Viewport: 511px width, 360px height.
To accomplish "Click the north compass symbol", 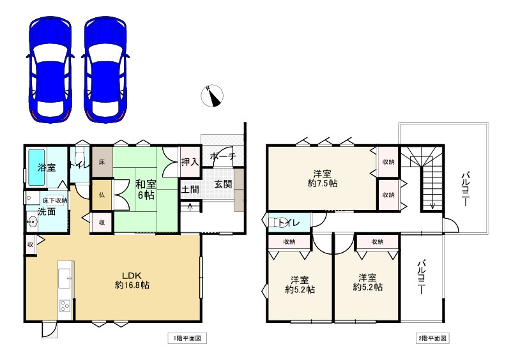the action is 212,96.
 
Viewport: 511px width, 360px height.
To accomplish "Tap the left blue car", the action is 50,69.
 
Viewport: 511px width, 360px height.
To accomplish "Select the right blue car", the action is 105,69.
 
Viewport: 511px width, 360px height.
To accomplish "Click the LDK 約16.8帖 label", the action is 132,280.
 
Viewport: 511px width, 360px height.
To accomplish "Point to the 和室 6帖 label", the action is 146,190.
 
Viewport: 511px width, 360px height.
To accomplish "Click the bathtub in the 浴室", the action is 36,167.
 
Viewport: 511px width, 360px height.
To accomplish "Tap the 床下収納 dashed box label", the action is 55,200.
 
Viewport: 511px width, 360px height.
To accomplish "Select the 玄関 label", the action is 223,184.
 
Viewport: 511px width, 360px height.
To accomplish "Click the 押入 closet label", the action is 190,161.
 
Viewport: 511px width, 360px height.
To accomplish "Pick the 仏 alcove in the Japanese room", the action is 102,195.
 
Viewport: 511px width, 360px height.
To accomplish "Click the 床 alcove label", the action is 102,161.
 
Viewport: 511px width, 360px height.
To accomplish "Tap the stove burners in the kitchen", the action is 65,306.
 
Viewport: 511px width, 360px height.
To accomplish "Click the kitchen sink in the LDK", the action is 65,278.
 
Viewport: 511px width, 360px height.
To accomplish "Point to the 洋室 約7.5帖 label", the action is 323,178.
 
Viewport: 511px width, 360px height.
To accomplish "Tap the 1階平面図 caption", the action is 187,338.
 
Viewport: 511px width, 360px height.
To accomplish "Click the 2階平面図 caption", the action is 432,338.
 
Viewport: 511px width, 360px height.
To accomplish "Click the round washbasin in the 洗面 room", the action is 33,221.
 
